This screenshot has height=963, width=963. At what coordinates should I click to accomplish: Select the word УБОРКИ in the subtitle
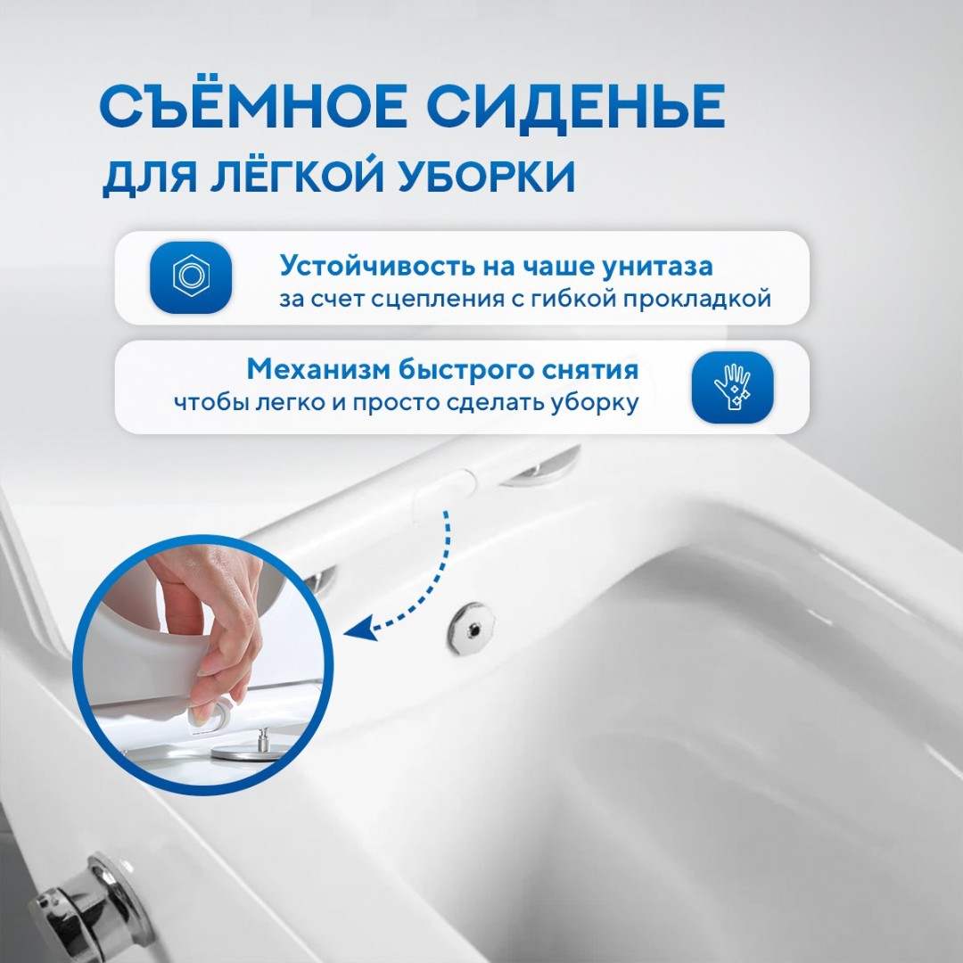tap(486, 177)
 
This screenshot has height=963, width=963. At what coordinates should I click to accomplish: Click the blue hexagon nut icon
tap(191, 277)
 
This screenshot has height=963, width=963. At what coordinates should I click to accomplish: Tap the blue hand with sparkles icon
tap(732, 388)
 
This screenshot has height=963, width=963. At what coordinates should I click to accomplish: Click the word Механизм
tap(318, 370)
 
